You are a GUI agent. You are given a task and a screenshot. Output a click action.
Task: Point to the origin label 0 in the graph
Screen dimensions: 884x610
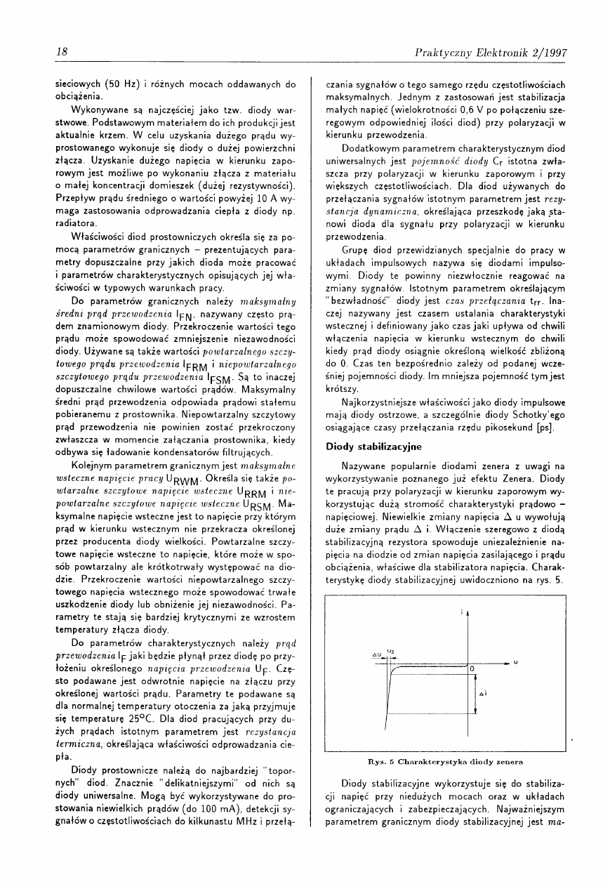(x=472, y=669)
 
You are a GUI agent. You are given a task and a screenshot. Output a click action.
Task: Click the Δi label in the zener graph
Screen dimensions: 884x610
(x=483, y=693)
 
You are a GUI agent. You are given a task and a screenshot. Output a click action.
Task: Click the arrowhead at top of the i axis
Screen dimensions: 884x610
(x=468, y=612)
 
